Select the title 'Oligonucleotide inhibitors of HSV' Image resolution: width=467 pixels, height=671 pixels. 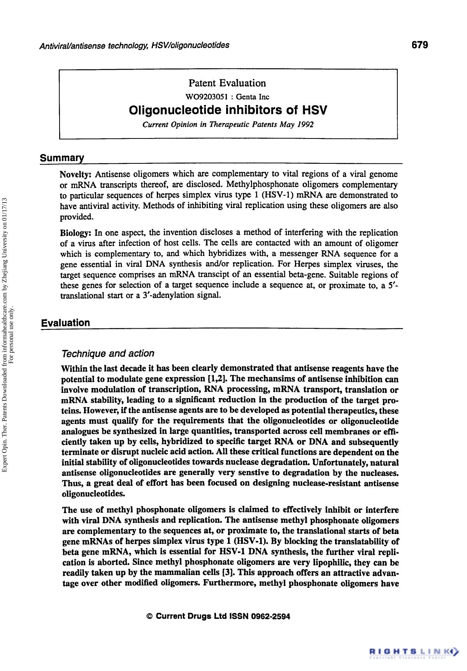228,110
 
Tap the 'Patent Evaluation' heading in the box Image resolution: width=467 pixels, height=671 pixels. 227,83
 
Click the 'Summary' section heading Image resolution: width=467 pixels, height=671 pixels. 62,158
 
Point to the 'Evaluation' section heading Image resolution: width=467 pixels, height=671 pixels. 65,323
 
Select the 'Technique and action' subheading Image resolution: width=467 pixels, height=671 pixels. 108,353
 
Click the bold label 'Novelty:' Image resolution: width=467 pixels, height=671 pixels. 76,174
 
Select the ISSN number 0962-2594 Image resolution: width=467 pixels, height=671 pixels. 270,617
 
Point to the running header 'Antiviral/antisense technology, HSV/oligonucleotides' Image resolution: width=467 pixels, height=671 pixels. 134,45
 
